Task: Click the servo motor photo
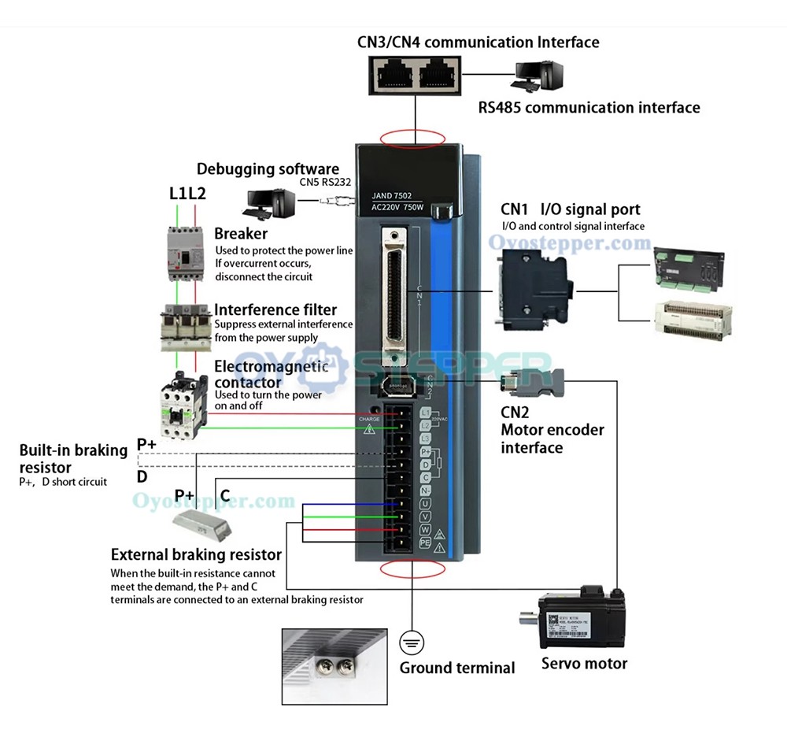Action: click(582, 619)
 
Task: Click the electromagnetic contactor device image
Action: click(184, 402)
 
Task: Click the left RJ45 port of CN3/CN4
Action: click(391, 76)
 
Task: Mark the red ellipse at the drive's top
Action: click(412, 139)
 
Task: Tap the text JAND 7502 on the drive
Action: click(391, 196)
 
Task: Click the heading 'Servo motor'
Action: click(584, 663)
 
